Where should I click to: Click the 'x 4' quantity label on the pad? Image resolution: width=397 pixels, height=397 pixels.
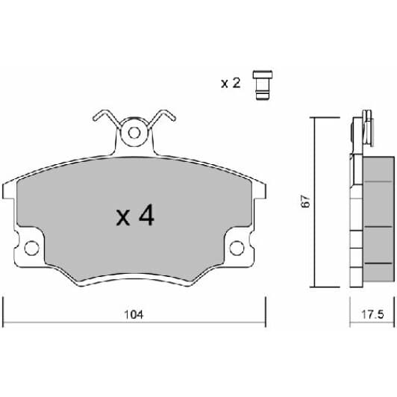pyautogui.click(x=135, y=216)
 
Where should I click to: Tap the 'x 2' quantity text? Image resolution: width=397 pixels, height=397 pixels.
pyautogui.click(x=230, y=83)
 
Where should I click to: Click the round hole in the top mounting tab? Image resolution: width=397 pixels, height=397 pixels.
pyautogui.click(x=135, y=134)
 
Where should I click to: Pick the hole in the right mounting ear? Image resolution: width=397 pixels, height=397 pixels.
pyautogui.click(x=237, y=247)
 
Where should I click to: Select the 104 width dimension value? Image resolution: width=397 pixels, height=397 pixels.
pyautogui.click(x=135, y=315)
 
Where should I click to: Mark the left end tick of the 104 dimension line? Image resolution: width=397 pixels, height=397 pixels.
pyautogui.click(x=4, y=310)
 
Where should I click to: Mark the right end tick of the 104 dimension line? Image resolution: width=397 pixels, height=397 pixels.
pyautogui.click(x=266, y=310)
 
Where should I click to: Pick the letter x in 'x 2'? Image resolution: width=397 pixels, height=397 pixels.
pyautogui.click(x=224, y=84)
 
